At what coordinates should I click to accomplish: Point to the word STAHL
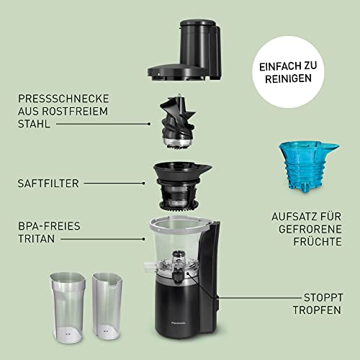tap(32, 124)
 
